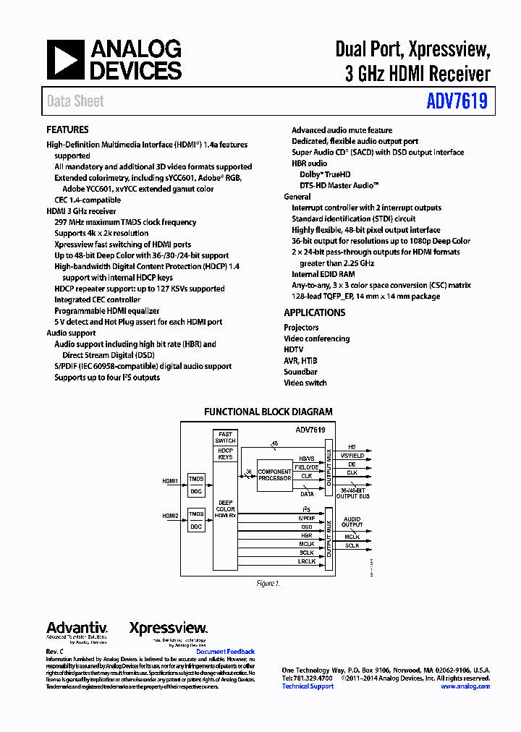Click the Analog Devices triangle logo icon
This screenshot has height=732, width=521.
[66, 59]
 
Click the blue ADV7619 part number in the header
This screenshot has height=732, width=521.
[457, 101]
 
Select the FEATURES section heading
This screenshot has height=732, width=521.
[67, 130]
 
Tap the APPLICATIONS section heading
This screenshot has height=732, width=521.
[314, 313]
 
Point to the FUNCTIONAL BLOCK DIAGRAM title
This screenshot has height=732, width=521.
[268, 412]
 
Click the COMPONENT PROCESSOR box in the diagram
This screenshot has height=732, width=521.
[274, 474]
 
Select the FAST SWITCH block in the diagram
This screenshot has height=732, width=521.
[225, 437]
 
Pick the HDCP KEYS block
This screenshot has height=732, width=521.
[225, 454]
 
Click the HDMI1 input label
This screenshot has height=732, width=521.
[170, 480]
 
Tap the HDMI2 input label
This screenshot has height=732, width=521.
[170, 516]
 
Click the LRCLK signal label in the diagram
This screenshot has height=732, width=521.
[307, 562]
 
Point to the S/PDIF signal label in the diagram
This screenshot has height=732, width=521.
[307, 519]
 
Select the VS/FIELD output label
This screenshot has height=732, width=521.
[355, 456]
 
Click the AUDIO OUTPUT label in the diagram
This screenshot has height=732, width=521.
[352, 522]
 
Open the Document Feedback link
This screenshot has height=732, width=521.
[226, 652]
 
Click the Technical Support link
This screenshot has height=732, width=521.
[308, 686]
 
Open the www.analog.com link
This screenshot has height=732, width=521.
[465, 686]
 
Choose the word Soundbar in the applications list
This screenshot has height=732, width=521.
[300, 372]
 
